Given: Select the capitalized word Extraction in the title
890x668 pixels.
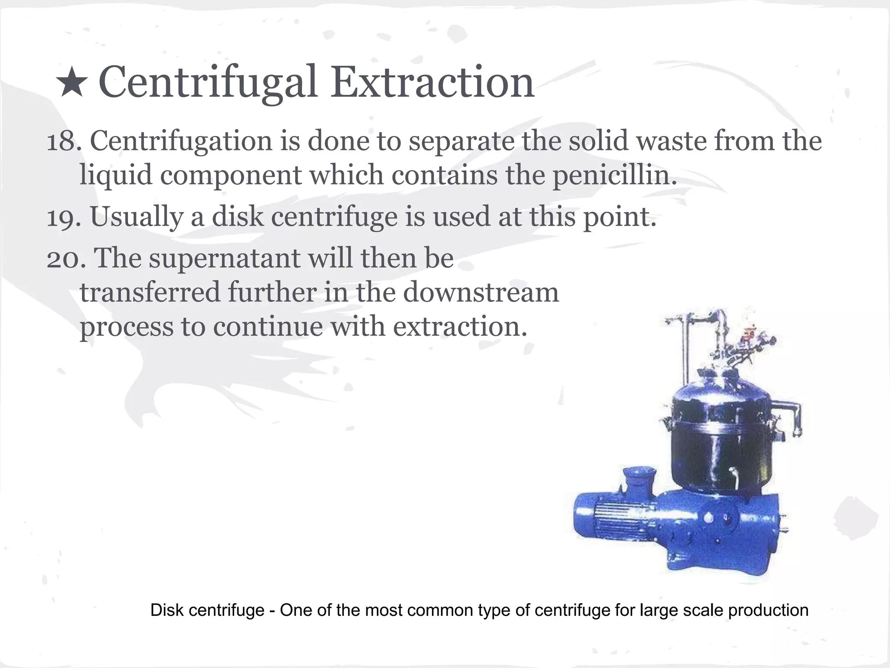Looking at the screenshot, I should [x=432, y=82].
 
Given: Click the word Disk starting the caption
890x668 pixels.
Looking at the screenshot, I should [x=166, y=610].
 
